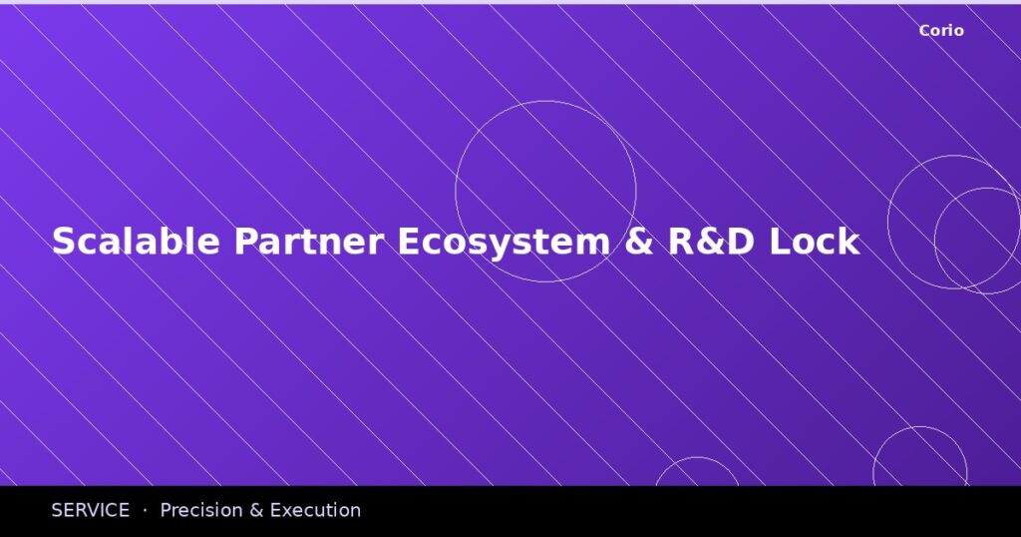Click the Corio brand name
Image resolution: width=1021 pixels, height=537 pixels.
(941, 31)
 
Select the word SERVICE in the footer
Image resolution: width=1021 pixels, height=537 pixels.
(91, 510)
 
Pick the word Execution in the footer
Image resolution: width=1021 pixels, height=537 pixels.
(315, 510)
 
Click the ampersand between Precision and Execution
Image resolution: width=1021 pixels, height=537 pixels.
(256, 510)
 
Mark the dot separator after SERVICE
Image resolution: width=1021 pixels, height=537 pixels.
(145, 510)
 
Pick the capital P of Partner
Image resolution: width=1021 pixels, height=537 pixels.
(245, 242)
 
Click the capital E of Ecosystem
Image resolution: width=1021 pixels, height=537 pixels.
(409, 242)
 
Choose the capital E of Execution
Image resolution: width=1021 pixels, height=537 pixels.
(276, 510)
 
